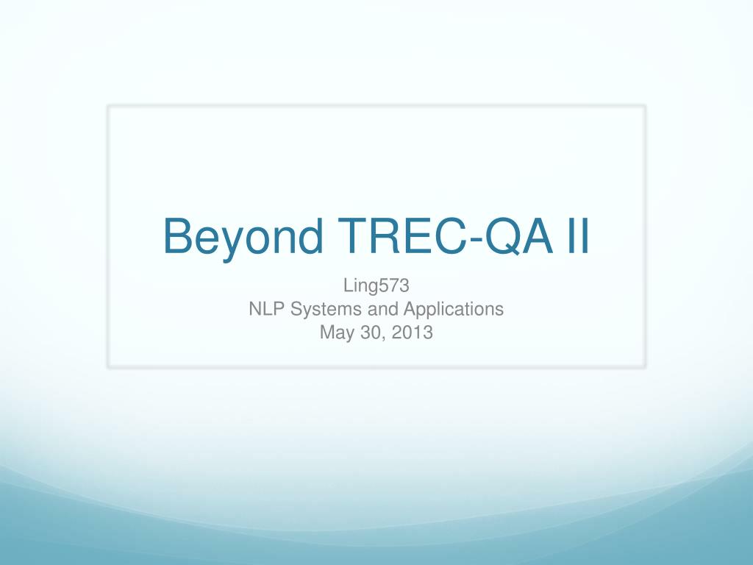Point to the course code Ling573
point(376,285)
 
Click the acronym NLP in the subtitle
point(267,309)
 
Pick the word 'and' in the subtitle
point(382,309)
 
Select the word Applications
point(453,310)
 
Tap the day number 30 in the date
point(371,333)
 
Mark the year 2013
point(412,333)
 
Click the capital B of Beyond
point(178,236)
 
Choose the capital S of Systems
point(297,309)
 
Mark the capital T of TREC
point(352,236)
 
